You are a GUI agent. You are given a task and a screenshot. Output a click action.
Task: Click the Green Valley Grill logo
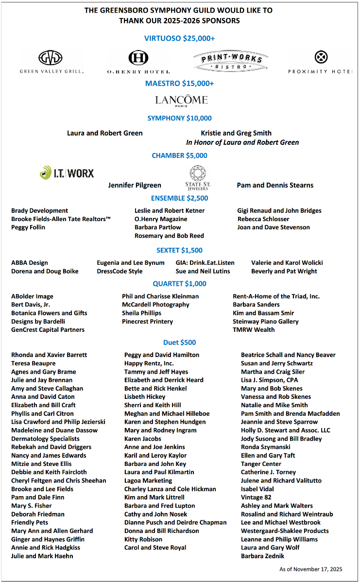point(51,62)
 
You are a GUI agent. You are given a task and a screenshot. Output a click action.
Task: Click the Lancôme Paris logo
point(181,101)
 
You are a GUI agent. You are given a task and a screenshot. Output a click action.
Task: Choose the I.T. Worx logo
point(67,172)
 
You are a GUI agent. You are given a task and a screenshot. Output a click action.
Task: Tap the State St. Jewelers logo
point(197,178)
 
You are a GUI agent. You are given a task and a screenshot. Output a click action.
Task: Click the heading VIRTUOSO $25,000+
point(180,38)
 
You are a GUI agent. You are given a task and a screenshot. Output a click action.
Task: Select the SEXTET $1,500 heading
point(179,250)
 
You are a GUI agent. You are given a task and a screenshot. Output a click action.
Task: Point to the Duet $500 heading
point(180,343)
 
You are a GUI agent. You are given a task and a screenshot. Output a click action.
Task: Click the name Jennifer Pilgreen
point(135,185)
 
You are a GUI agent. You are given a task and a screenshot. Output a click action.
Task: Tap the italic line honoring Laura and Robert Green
point(242,142)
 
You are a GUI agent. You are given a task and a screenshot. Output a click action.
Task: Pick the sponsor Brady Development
point(40,210)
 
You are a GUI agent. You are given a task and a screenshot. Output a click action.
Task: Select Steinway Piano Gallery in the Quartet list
point(266,321)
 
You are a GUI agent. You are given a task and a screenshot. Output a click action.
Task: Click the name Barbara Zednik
point(263,556)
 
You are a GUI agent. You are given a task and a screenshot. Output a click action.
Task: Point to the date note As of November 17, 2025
point(311,569)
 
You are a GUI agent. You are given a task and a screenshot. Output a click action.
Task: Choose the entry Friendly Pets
point(30,522)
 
